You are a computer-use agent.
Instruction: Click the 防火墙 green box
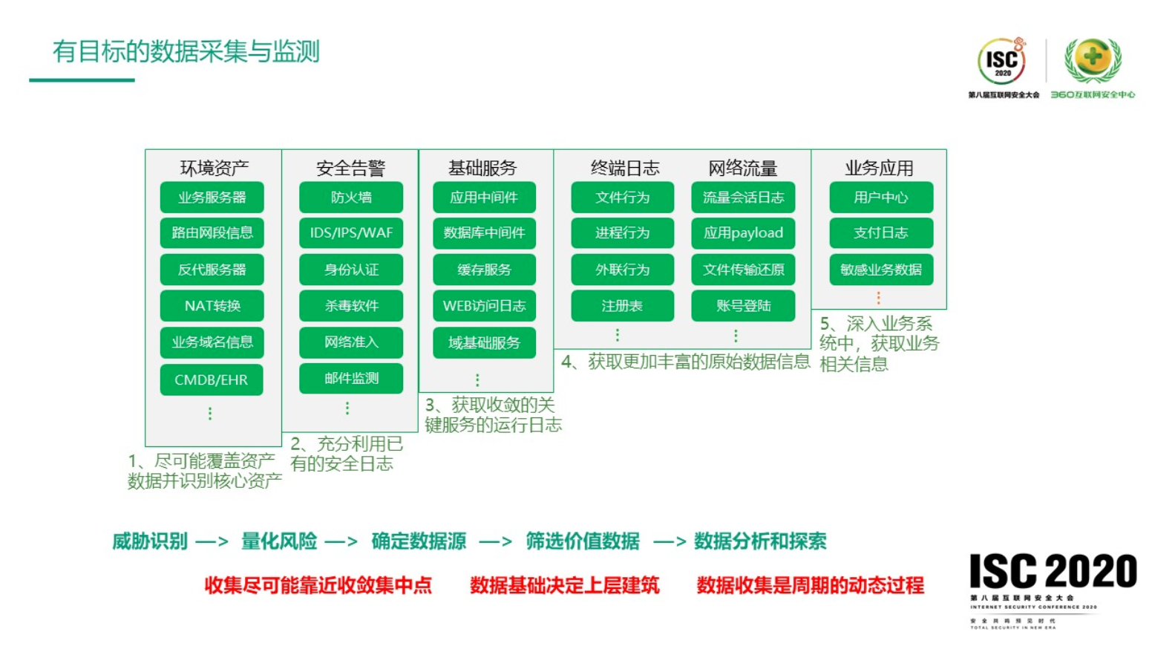point(351,198)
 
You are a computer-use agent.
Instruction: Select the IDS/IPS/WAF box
point(351,233)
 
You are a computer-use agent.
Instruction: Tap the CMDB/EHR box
point(212,379)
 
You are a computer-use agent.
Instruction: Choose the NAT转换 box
point(212,306)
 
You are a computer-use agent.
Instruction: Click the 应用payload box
point(743,233)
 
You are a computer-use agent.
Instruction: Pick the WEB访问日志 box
point(484,306)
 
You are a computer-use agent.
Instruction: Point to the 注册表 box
point(622,306)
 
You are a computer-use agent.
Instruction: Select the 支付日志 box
point(881,233)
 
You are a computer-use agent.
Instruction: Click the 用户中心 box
point(881,198)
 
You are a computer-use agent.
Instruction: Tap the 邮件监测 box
point(351,378)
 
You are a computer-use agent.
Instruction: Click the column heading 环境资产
point(214,168)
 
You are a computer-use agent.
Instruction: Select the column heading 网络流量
point(742,168)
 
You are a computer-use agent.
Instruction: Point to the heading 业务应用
point(879,168)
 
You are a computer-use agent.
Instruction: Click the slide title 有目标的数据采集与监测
point(186,51)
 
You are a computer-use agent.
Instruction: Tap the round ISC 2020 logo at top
point(1002,62)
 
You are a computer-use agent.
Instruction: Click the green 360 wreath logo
point(1093,59)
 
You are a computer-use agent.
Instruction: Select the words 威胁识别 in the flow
point(150,541)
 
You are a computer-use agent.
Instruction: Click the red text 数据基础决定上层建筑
point(564,585)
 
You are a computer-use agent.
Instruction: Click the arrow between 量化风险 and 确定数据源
point(341,541)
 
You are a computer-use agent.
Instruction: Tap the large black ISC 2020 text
point(1053,572)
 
